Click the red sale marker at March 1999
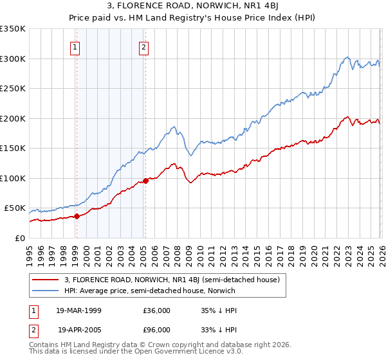pyautogui.click(x=77, y=216)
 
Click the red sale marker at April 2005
pyautogui.click(x=145, y=181)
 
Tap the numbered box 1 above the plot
pyautogui.click(x=76, y=46)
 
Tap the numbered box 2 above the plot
pyautogui.click(x=143, y=46)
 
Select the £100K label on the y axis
pyautogui.click(x=13, y=178)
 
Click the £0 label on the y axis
pyautogui.click(x=19, y=238)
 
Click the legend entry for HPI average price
pyautogui.click(x=150, y=291)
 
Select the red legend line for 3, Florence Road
pyautogui.click(x=46, y=280)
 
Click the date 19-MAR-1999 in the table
pyautogui.click(x=78, y=310)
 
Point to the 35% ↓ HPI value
pyautogui.click(x=219, y=310)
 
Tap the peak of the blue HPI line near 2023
pyautogui.click(x=347, y=57)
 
